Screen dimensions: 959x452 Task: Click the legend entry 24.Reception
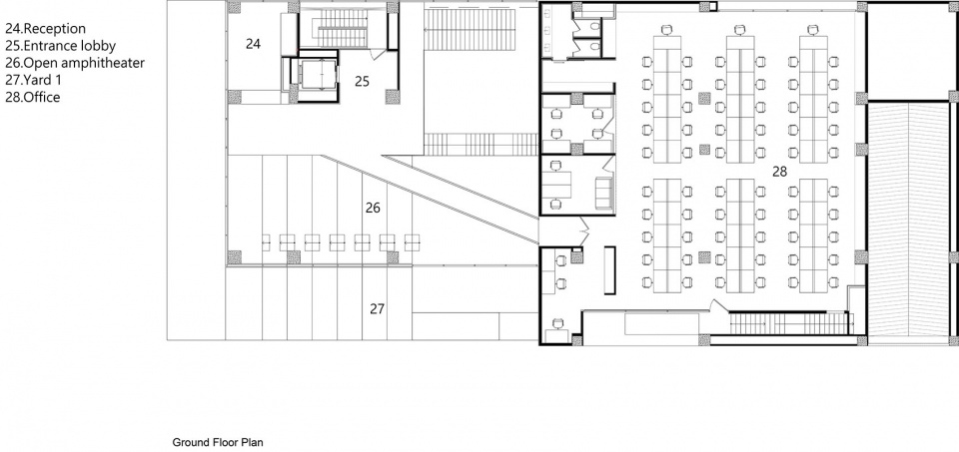45,29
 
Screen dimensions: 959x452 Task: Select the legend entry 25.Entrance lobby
60,46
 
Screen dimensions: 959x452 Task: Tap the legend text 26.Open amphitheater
75,63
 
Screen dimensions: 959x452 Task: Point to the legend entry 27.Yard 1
33,80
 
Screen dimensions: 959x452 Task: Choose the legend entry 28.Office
32,97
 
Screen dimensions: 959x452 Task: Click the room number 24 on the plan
253,44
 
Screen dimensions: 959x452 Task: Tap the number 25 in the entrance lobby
362,81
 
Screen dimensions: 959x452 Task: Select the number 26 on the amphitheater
373,209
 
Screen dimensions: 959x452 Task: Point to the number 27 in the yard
377,309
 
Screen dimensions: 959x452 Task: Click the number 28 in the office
779,173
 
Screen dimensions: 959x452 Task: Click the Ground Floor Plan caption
218,442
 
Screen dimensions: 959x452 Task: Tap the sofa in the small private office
604,191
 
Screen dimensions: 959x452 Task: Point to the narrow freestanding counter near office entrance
609,270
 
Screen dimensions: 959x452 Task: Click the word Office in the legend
42,97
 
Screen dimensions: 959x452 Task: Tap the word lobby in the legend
100,46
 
